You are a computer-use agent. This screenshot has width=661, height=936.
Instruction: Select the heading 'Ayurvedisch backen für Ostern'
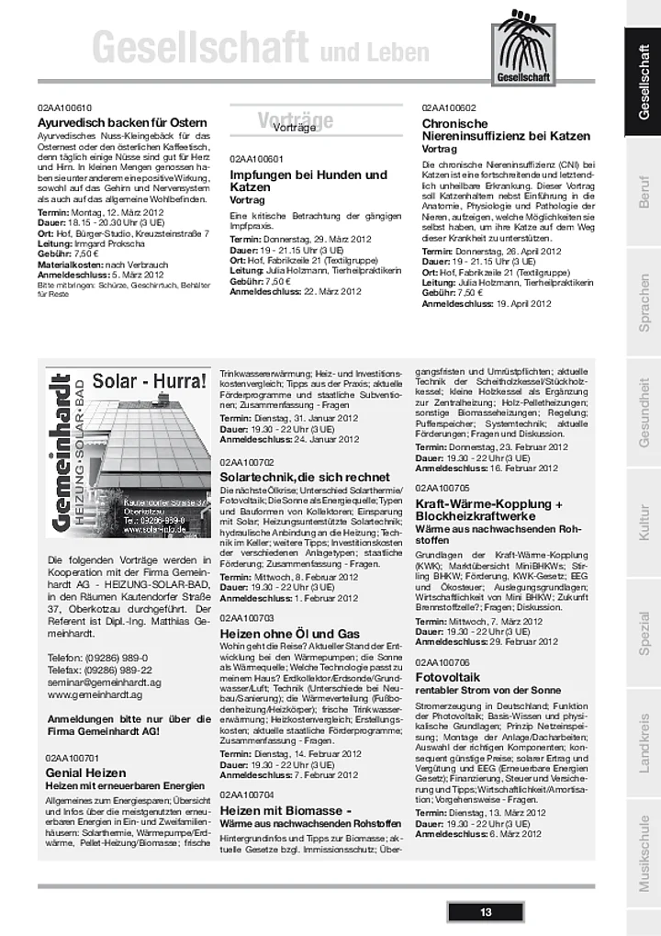pos(122,122)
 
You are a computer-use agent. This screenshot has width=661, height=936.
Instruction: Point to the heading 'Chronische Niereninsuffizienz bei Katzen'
pos(506,130)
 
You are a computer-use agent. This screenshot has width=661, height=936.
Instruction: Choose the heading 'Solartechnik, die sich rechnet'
pos(305,478)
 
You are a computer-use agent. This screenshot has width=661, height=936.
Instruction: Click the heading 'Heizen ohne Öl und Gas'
pos(289,634)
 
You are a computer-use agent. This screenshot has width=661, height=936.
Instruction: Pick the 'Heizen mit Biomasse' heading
pos(286,811)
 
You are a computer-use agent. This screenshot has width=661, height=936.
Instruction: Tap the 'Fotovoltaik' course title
pos(443,677)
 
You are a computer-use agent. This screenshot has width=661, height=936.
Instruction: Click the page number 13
pos(486,912)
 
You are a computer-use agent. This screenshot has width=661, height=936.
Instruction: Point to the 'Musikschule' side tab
pos(644,854)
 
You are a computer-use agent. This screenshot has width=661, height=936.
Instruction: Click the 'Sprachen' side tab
pos(644,303)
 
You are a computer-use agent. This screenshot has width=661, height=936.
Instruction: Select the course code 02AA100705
pos(443,487)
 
